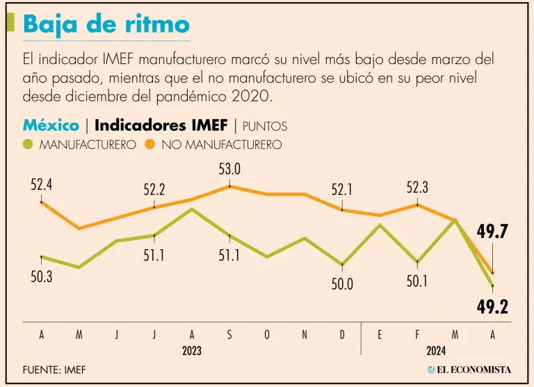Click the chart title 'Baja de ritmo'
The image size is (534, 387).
106,24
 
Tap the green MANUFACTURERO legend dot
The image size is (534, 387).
29,145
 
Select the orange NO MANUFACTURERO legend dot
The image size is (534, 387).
150,145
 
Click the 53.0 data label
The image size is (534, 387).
229,170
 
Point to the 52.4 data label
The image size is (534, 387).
42,186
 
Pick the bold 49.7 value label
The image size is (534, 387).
492,232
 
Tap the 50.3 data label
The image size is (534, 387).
42,276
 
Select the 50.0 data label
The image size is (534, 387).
342,284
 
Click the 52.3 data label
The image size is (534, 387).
417,188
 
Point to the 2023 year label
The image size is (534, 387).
192,350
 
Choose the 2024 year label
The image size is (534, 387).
436,350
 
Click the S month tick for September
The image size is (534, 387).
229,335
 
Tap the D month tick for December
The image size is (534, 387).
342,335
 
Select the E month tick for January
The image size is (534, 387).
380,335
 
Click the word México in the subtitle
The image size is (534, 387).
51,125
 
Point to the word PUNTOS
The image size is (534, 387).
265,127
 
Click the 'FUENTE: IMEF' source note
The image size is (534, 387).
54,370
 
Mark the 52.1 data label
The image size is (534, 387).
342,189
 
